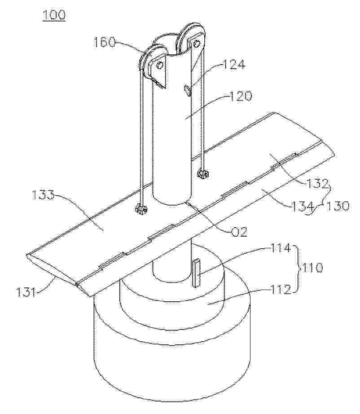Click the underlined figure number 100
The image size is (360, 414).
pyautogui.click(x=53, y=15)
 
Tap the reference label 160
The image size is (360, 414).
pyautogui.click(x=105, y=42)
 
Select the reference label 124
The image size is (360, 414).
pyautogui.click(x=234, y=64)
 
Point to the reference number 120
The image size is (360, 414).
pyautogui.click(x=240, y=96)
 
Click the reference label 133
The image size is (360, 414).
pyautogui.click(x=43, y=196)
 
